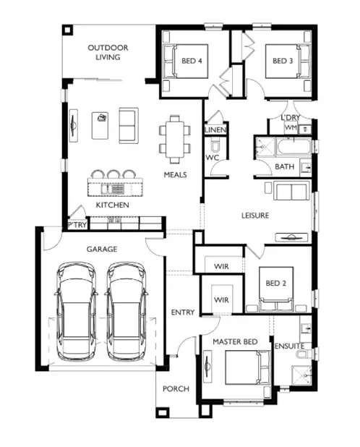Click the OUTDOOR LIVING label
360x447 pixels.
tap(108, 53)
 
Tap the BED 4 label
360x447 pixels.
tap(191, 61)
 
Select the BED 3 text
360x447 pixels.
tap(283, 61)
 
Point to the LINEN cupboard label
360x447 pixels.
tap(215, 130)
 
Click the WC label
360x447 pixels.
tap(213, 157)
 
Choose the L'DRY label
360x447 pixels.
tap(291, 117)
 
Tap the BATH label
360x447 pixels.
tap(285, 167)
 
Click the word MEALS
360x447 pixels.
tap(175, 175)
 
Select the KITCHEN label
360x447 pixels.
tap(112, 205)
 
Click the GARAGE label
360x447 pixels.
tap(102, 249)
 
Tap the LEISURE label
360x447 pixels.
tap(255, 216)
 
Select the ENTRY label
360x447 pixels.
tap(182, 312)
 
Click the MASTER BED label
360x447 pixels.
tap(235, 341)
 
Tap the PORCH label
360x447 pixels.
tap(176, 388)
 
